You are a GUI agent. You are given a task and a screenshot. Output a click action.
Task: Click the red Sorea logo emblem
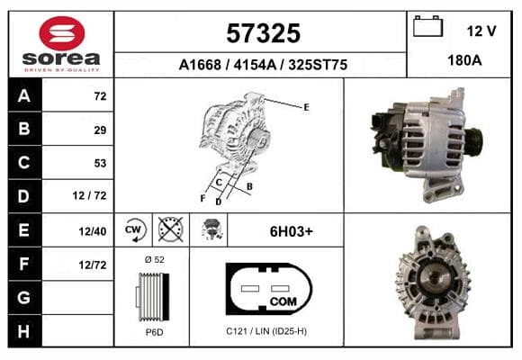point(62,33)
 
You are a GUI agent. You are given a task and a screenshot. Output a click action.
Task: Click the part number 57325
point(264,33)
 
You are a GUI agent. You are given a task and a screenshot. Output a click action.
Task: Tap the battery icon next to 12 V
point(427,26)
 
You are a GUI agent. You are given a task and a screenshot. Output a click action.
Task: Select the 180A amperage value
point(464,60)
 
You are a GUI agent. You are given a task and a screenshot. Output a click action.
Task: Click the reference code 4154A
point(255,65)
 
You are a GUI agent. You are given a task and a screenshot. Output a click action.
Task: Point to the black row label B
point(24,129)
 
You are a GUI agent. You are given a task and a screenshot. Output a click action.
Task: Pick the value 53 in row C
point(100,163)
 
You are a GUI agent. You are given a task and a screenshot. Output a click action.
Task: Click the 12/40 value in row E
point(93,231)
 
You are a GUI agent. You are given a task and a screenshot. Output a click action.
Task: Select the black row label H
point(24,331)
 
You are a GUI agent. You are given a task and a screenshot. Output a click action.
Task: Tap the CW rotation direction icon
point(134,229)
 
